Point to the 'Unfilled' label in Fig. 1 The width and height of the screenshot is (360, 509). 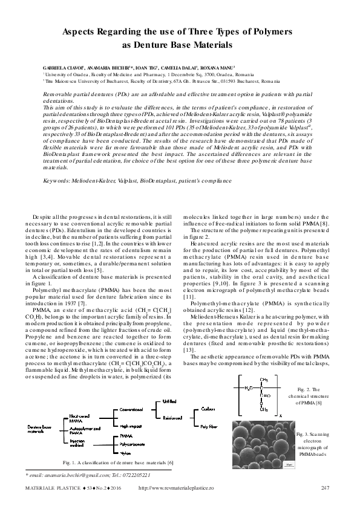[x=171, y=400]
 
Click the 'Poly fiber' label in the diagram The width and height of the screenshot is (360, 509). [x=209, y=426]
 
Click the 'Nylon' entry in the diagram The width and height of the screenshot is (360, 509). [x=126, y=452]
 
